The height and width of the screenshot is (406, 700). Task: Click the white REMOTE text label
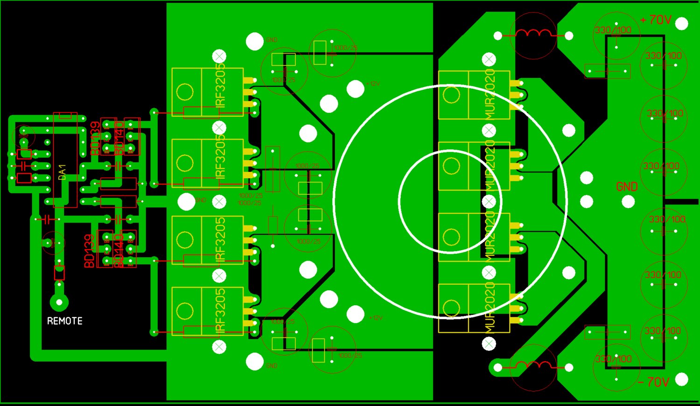tap(65, 321)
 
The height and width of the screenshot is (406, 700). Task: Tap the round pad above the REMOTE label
tap(59, 302)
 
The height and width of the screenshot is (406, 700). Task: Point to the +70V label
tap(656, 20)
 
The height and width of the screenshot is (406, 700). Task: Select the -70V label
tap(653, 382)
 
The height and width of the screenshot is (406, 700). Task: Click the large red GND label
tap(627, 187)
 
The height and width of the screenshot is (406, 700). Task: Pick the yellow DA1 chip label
tap(63, 172)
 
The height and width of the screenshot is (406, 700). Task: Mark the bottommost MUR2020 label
tap(490, 308)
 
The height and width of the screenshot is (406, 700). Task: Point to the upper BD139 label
tap(95, 138)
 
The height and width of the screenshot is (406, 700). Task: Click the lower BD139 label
tap(89, 251)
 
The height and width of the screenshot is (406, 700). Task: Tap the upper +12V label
tap(373, 84)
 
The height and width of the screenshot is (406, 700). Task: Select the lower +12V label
tap(376, 318)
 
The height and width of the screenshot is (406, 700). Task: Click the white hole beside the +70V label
tap(682, 23)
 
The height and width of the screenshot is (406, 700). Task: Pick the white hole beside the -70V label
tap(682, 379)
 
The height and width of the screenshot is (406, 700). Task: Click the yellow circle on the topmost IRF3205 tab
tap(185, 92)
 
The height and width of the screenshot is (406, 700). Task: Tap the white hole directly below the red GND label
tap(629, 202)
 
